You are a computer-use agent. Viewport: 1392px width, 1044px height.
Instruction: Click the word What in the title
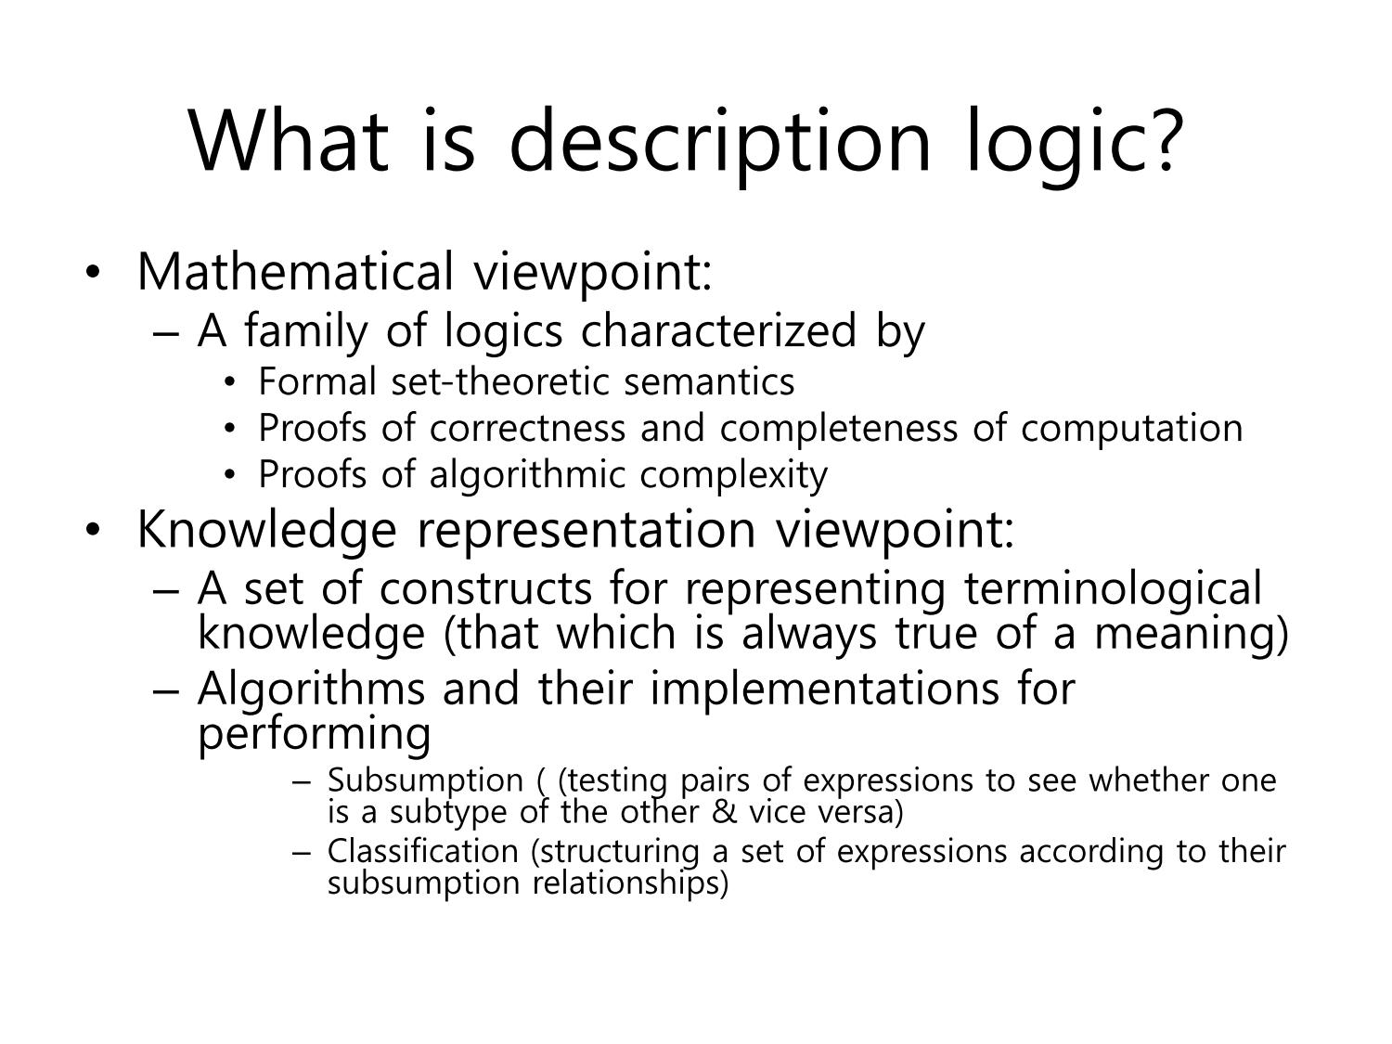pos(290,141)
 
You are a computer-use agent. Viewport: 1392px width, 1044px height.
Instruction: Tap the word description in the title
pos(720,147)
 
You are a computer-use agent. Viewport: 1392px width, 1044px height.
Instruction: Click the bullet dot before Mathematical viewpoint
pos(93,273)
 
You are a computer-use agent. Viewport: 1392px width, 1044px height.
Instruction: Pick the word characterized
pos(719,330)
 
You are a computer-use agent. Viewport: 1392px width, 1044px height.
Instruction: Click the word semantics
pos(709,382)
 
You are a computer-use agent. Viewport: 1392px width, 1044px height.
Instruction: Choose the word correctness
pos(528,428)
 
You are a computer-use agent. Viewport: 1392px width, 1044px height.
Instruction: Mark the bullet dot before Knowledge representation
pos(93,530)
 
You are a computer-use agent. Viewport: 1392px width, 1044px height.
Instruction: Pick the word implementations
pos(824,690)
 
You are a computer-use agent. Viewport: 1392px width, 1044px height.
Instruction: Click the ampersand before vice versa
pos(724,812)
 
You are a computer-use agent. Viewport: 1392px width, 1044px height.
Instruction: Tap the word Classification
pos(423,851)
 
